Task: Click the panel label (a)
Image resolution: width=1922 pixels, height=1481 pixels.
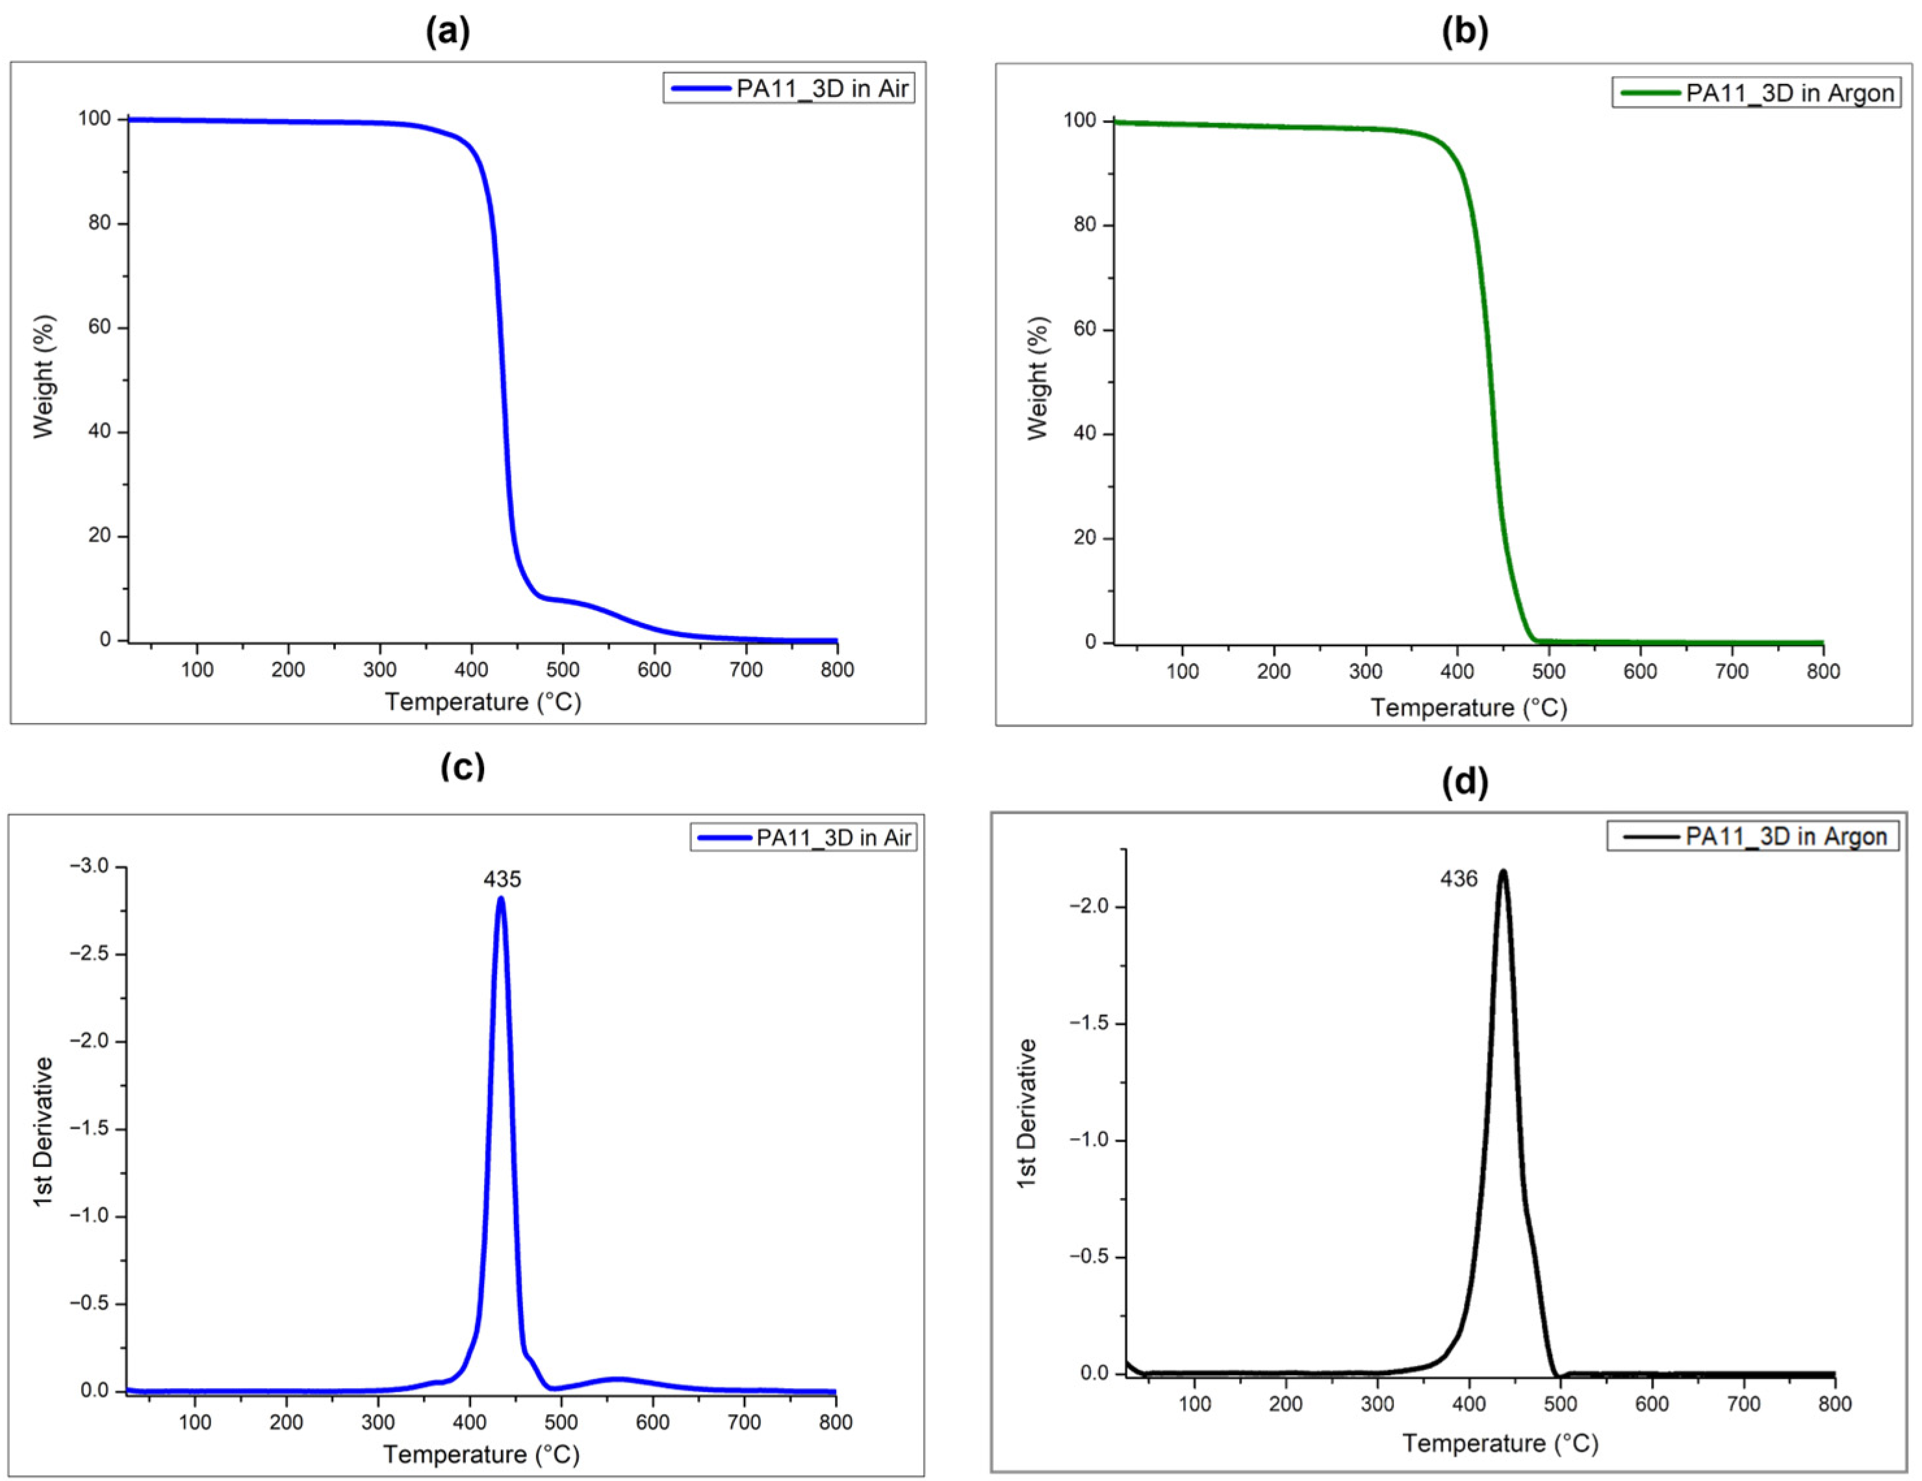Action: point(448,33)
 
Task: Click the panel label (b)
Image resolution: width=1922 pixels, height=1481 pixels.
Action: point(1465,33)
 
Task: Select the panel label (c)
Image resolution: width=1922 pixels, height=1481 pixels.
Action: point(462,767)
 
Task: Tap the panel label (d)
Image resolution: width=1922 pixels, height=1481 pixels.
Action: point(1465,782)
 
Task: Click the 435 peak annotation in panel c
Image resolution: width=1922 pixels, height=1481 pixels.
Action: point(502,879)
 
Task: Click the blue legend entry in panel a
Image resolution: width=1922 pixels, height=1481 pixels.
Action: point(789,89)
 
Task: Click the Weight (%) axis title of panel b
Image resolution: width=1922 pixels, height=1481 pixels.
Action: point(1038,378)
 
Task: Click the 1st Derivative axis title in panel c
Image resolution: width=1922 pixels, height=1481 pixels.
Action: point(43,1131)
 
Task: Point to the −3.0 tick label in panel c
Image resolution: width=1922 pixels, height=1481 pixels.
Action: point(90,867)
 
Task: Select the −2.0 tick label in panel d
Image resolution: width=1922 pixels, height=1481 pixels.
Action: point(1087,906)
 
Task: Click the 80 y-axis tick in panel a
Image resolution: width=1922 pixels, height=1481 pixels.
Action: point(99,223)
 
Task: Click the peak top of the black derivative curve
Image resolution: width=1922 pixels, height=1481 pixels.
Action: point(1503,872)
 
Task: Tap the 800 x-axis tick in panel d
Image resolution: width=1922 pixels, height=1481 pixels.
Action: point(1834,1404)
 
